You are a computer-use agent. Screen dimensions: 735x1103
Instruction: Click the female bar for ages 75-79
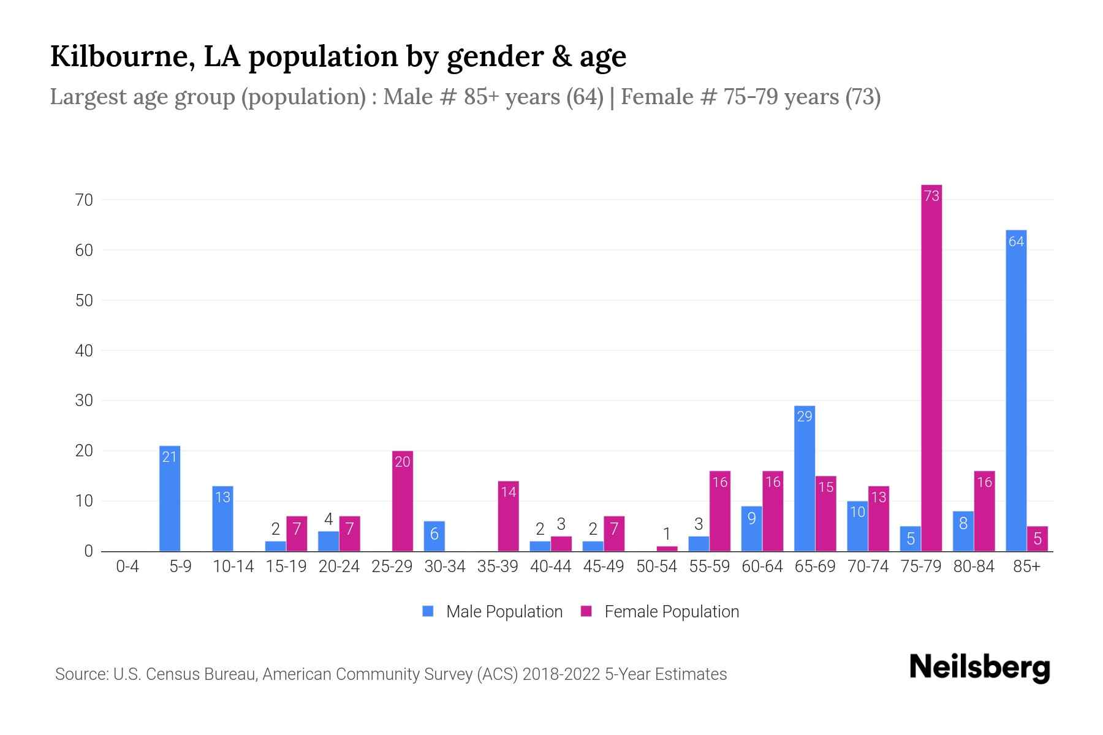coord(931,367)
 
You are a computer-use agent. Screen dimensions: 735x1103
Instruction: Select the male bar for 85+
coord(1016,392)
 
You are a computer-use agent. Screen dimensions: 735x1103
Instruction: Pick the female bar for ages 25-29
coord(403,502)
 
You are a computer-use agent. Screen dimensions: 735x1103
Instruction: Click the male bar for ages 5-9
coord(170,499)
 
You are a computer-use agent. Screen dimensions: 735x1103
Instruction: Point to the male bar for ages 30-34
coord(434,537)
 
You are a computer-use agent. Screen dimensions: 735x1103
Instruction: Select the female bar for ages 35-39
coord(509,517)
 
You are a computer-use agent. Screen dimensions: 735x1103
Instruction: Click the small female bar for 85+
coord(1037,539)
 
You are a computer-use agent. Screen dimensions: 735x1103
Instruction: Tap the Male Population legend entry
coord(493,612)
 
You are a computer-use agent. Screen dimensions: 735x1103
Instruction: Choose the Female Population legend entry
coord(660,612)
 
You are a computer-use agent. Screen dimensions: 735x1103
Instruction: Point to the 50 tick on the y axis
coord(84,301)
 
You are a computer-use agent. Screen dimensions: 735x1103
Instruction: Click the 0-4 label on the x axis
coord(127,567)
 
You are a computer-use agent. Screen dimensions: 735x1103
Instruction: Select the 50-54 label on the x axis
coord(656,567)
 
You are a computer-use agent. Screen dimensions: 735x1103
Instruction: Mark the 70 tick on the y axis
coord(84,200)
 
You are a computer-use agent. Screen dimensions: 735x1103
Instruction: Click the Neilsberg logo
coord(979,668)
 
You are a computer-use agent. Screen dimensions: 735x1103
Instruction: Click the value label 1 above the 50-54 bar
coord(667,534)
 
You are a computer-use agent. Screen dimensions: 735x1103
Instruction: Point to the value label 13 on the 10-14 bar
coord(223,497)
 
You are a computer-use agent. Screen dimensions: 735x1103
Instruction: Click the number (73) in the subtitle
coord(863,97)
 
